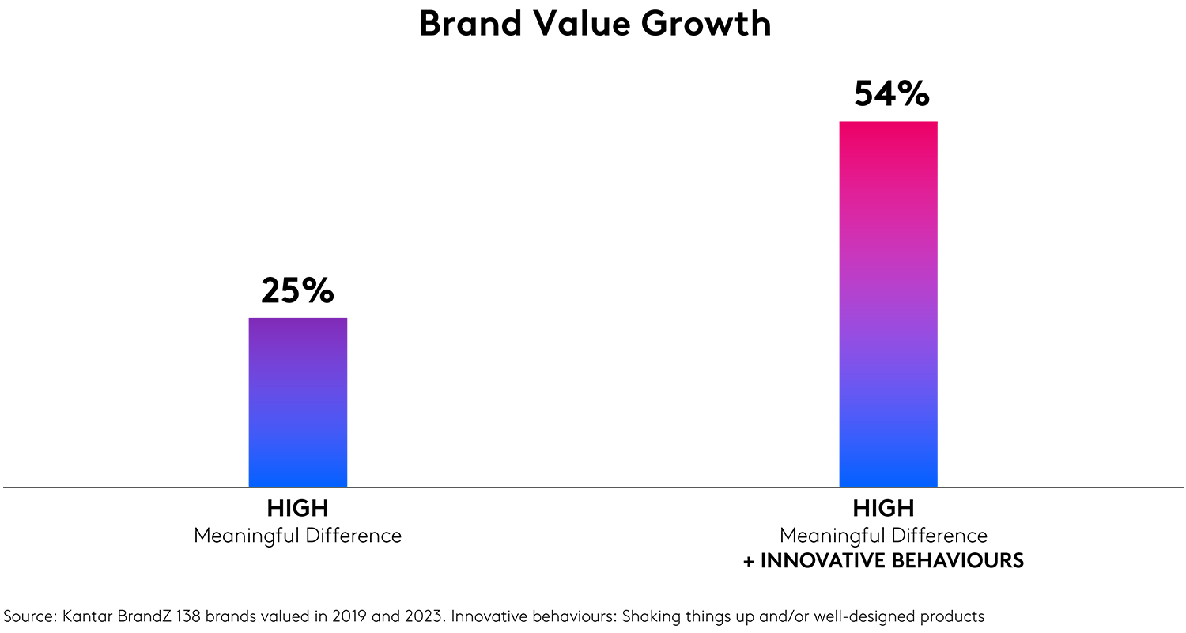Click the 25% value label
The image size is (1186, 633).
297,291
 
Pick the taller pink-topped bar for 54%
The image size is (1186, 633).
888,304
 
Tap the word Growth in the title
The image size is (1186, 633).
706,24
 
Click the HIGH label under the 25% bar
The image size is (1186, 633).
297,508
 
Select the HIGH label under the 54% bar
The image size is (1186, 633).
883,508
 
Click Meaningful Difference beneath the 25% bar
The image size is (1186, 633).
297,536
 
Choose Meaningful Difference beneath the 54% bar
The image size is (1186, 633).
883,536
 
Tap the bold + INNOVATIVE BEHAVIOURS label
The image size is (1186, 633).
883,562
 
